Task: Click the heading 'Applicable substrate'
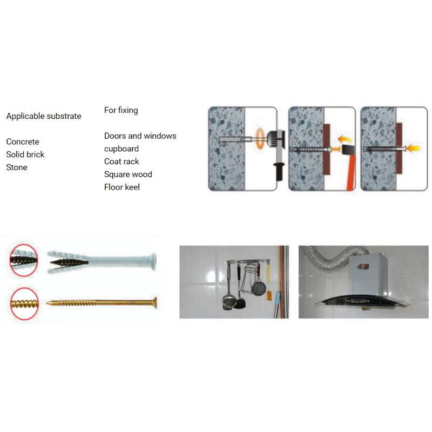(44, 116)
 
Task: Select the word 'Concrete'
(23, 141)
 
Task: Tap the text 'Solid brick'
(25, 154)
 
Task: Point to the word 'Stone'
(17, 167)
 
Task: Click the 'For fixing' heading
(121, 110)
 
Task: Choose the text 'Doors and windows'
(140, 136)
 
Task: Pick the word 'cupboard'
(122, 149)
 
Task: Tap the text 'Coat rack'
(122, 161)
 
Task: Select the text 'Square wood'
(128, 174)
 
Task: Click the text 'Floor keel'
(122, 187)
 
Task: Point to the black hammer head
(348, 150)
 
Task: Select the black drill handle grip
(279, 171)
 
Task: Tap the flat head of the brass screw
(155, 302)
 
